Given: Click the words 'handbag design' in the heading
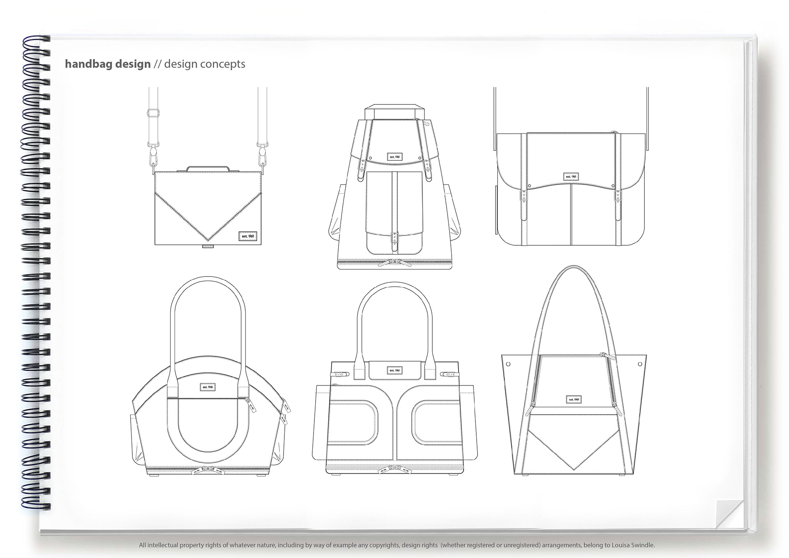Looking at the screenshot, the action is (x=108, y=64).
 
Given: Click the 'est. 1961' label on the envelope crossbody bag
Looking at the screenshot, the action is (x=248, y=236).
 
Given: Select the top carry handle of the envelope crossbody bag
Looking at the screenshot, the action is (x=208, y=169).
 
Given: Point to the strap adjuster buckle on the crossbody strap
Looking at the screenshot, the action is (x=154, y=112).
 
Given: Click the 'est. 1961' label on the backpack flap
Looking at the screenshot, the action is (x=394, y=157).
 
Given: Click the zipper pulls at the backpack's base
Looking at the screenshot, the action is (x=394, y=263).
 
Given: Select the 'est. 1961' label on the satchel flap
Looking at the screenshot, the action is (x=570, y=177).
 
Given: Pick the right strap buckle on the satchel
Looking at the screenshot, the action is (x=618, y=196).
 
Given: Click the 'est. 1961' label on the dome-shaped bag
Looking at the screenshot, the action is (x=208, y=387).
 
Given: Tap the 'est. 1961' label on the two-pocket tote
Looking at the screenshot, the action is (x=394, y=370).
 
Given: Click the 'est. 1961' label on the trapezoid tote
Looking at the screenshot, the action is (x=574, y=399).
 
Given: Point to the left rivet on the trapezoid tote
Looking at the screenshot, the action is (x=508, y=364).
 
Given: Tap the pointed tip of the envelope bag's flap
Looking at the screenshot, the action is (x=208, y=240).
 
